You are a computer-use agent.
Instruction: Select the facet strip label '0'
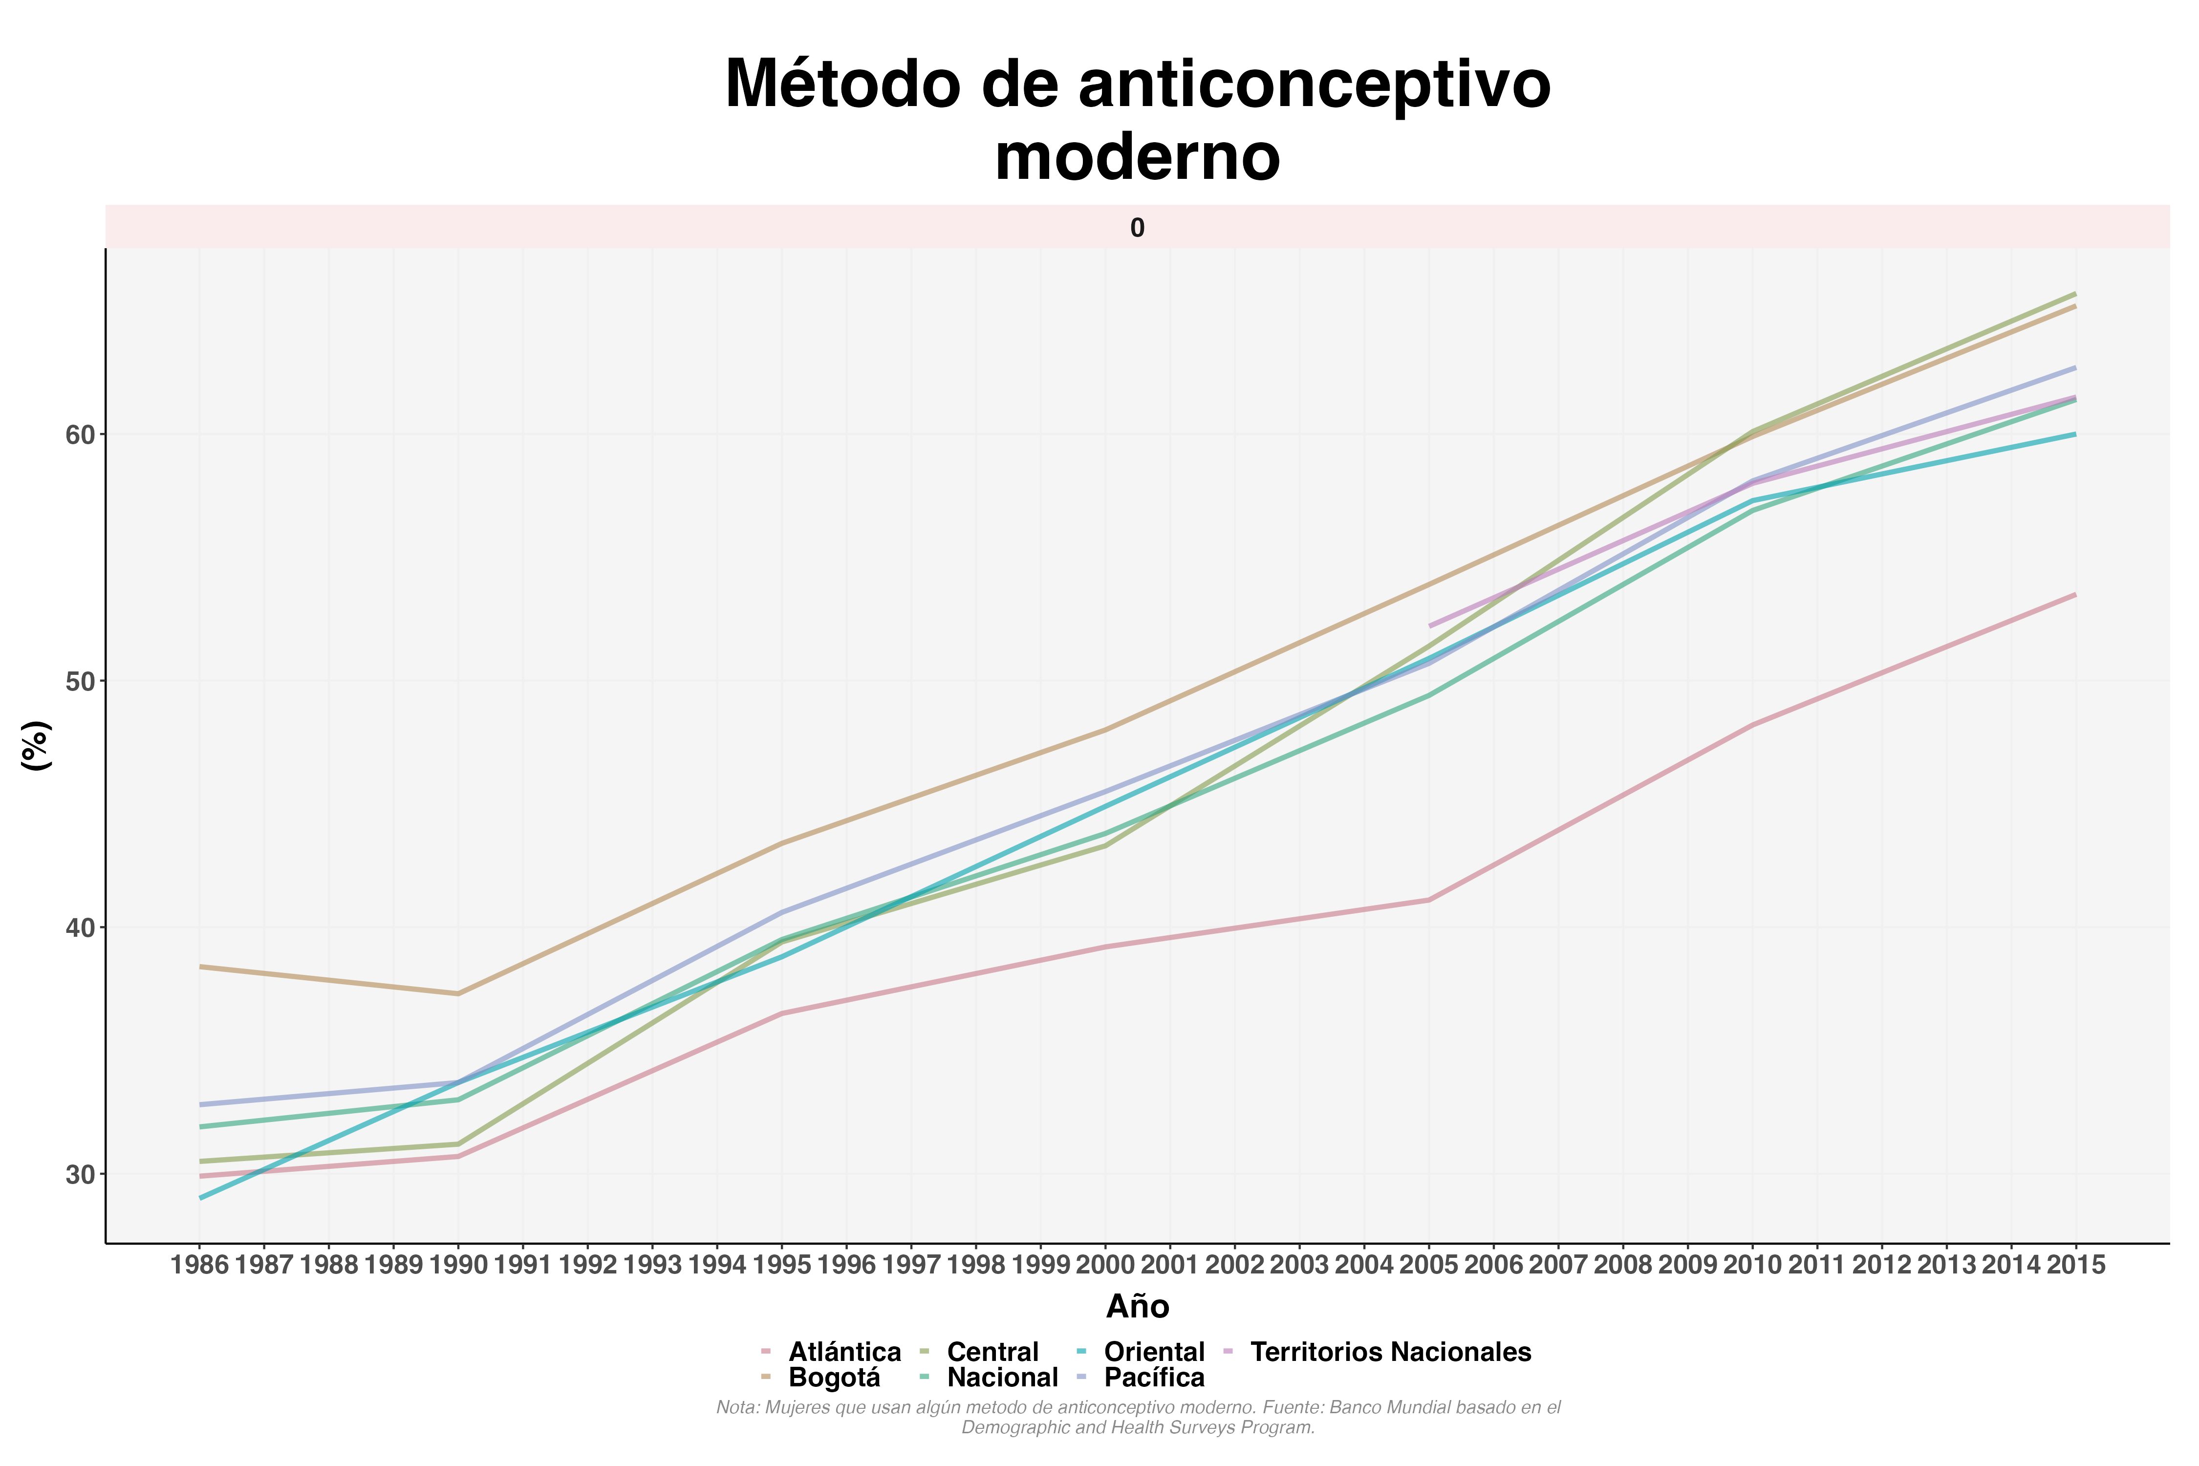[x=1137, y=228]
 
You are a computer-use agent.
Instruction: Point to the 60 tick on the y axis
[x=81, y=435]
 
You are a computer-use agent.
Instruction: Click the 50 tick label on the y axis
[x=81, y=682]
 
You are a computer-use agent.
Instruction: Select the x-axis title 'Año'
[x=1137, y=1306]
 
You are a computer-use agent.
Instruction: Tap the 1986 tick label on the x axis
[x=200, y=1265]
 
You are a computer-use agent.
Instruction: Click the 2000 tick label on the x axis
[x=1105, y=1265]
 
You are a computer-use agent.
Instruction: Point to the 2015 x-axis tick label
[x=2075, y=1265]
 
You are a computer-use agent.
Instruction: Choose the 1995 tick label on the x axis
[x=781, y=1265]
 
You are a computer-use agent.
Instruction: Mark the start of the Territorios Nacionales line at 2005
[x=1429, y=625]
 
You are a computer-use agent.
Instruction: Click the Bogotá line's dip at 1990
[x=458, y=994]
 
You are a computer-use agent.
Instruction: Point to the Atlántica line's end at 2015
[x=2075, y=595]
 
